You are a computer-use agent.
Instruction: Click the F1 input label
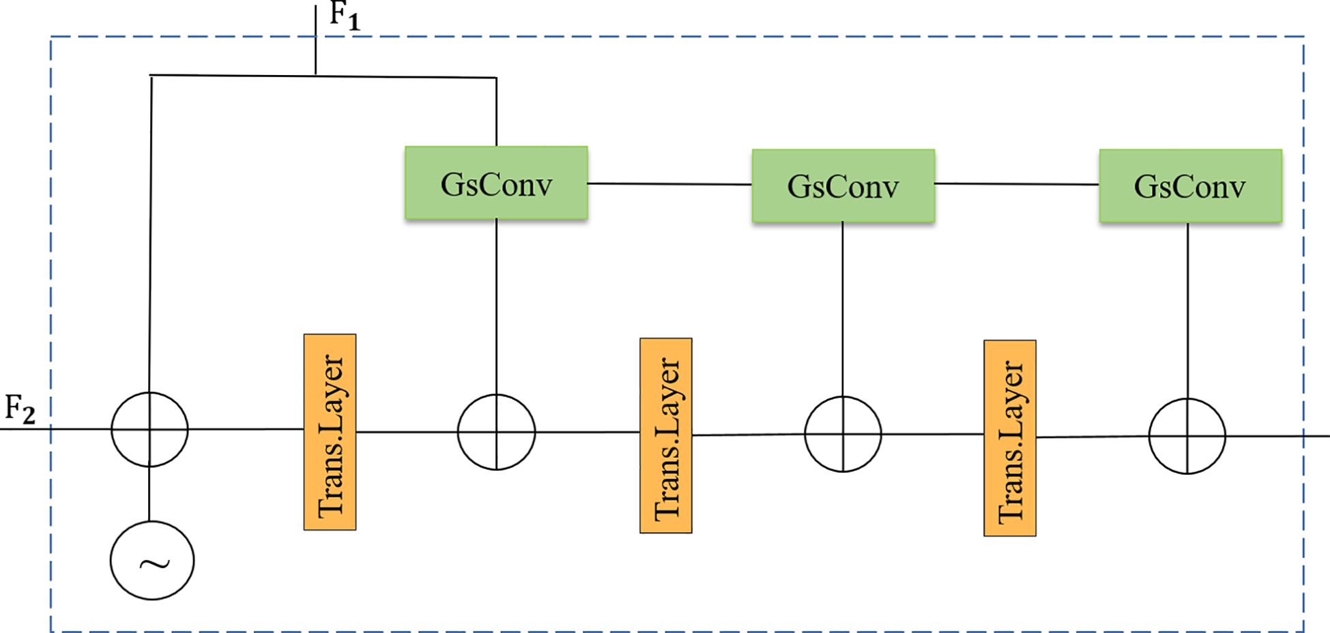click(344, 16)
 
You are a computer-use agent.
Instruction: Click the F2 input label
click(20, 410)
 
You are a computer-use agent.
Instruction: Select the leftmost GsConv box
click(496, 183)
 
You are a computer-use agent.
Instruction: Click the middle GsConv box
click(843, 186)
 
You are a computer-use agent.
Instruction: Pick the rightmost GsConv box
click(1190, 186)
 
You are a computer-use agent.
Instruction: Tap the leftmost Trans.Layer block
click(330, 432)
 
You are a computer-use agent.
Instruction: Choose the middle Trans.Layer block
click(665, 435)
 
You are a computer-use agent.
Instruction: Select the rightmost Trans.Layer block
click(1009, 438)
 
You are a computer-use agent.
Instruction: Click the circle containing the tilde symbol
click(152, 561)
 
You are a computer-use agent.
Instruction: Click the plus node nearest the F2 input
click(149, 429)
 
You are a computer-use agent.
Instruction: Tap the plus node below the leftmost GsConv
click(496, 432)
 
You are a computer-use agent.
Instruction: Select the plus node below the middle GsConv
click(843, 434)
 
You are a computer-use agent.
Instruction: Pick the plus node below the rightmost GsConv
click(1187, 436)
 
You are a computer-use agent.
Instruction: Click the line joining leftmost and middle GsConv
click(669, 183)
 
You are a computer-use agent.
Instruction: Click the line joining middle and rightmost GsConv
click(1017, 184)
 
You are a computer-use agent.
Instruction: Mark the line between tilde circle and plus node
click(149, 495)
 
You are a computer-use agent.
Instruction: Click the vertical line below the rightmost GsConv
click(1188, 310)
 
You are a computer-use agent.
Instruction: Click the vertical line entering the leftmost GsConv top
click(496, 113)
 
